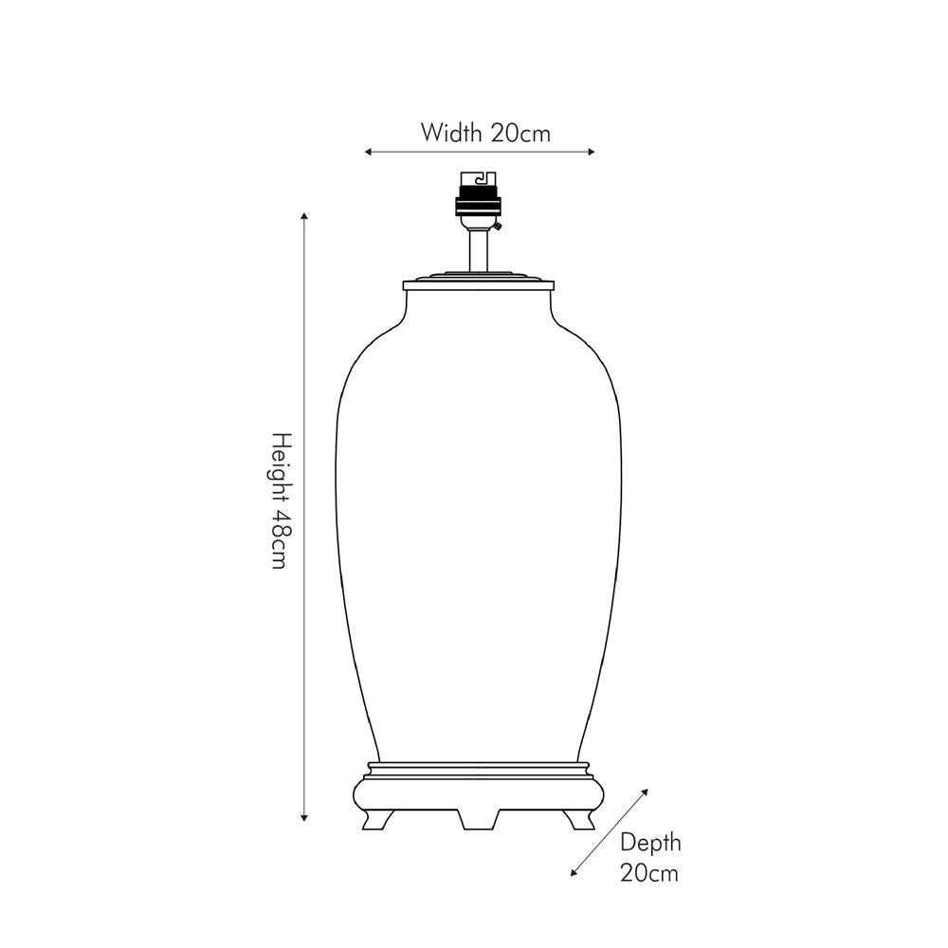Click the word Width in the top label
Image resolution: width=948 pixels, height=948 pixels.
pyautogui.click(x=451, y=133)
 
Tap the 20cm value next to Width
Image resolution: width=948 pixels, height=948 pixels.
pyautogui.click(x=520, y=133)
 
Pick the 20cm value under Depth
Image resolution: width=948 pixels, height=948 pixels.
pyautogui.click(x=649, y=873)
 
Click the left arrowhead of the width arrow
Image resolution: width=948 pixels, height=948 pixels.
pyautogui.click(x=368, y=152)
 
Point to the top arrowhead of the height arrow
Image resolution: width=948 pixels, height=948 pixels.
pyautogui.click(x=304, y=216)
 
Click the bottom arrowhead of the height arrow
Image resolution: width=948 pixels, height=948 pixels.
pyautogui.click(x=304, y=818)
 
